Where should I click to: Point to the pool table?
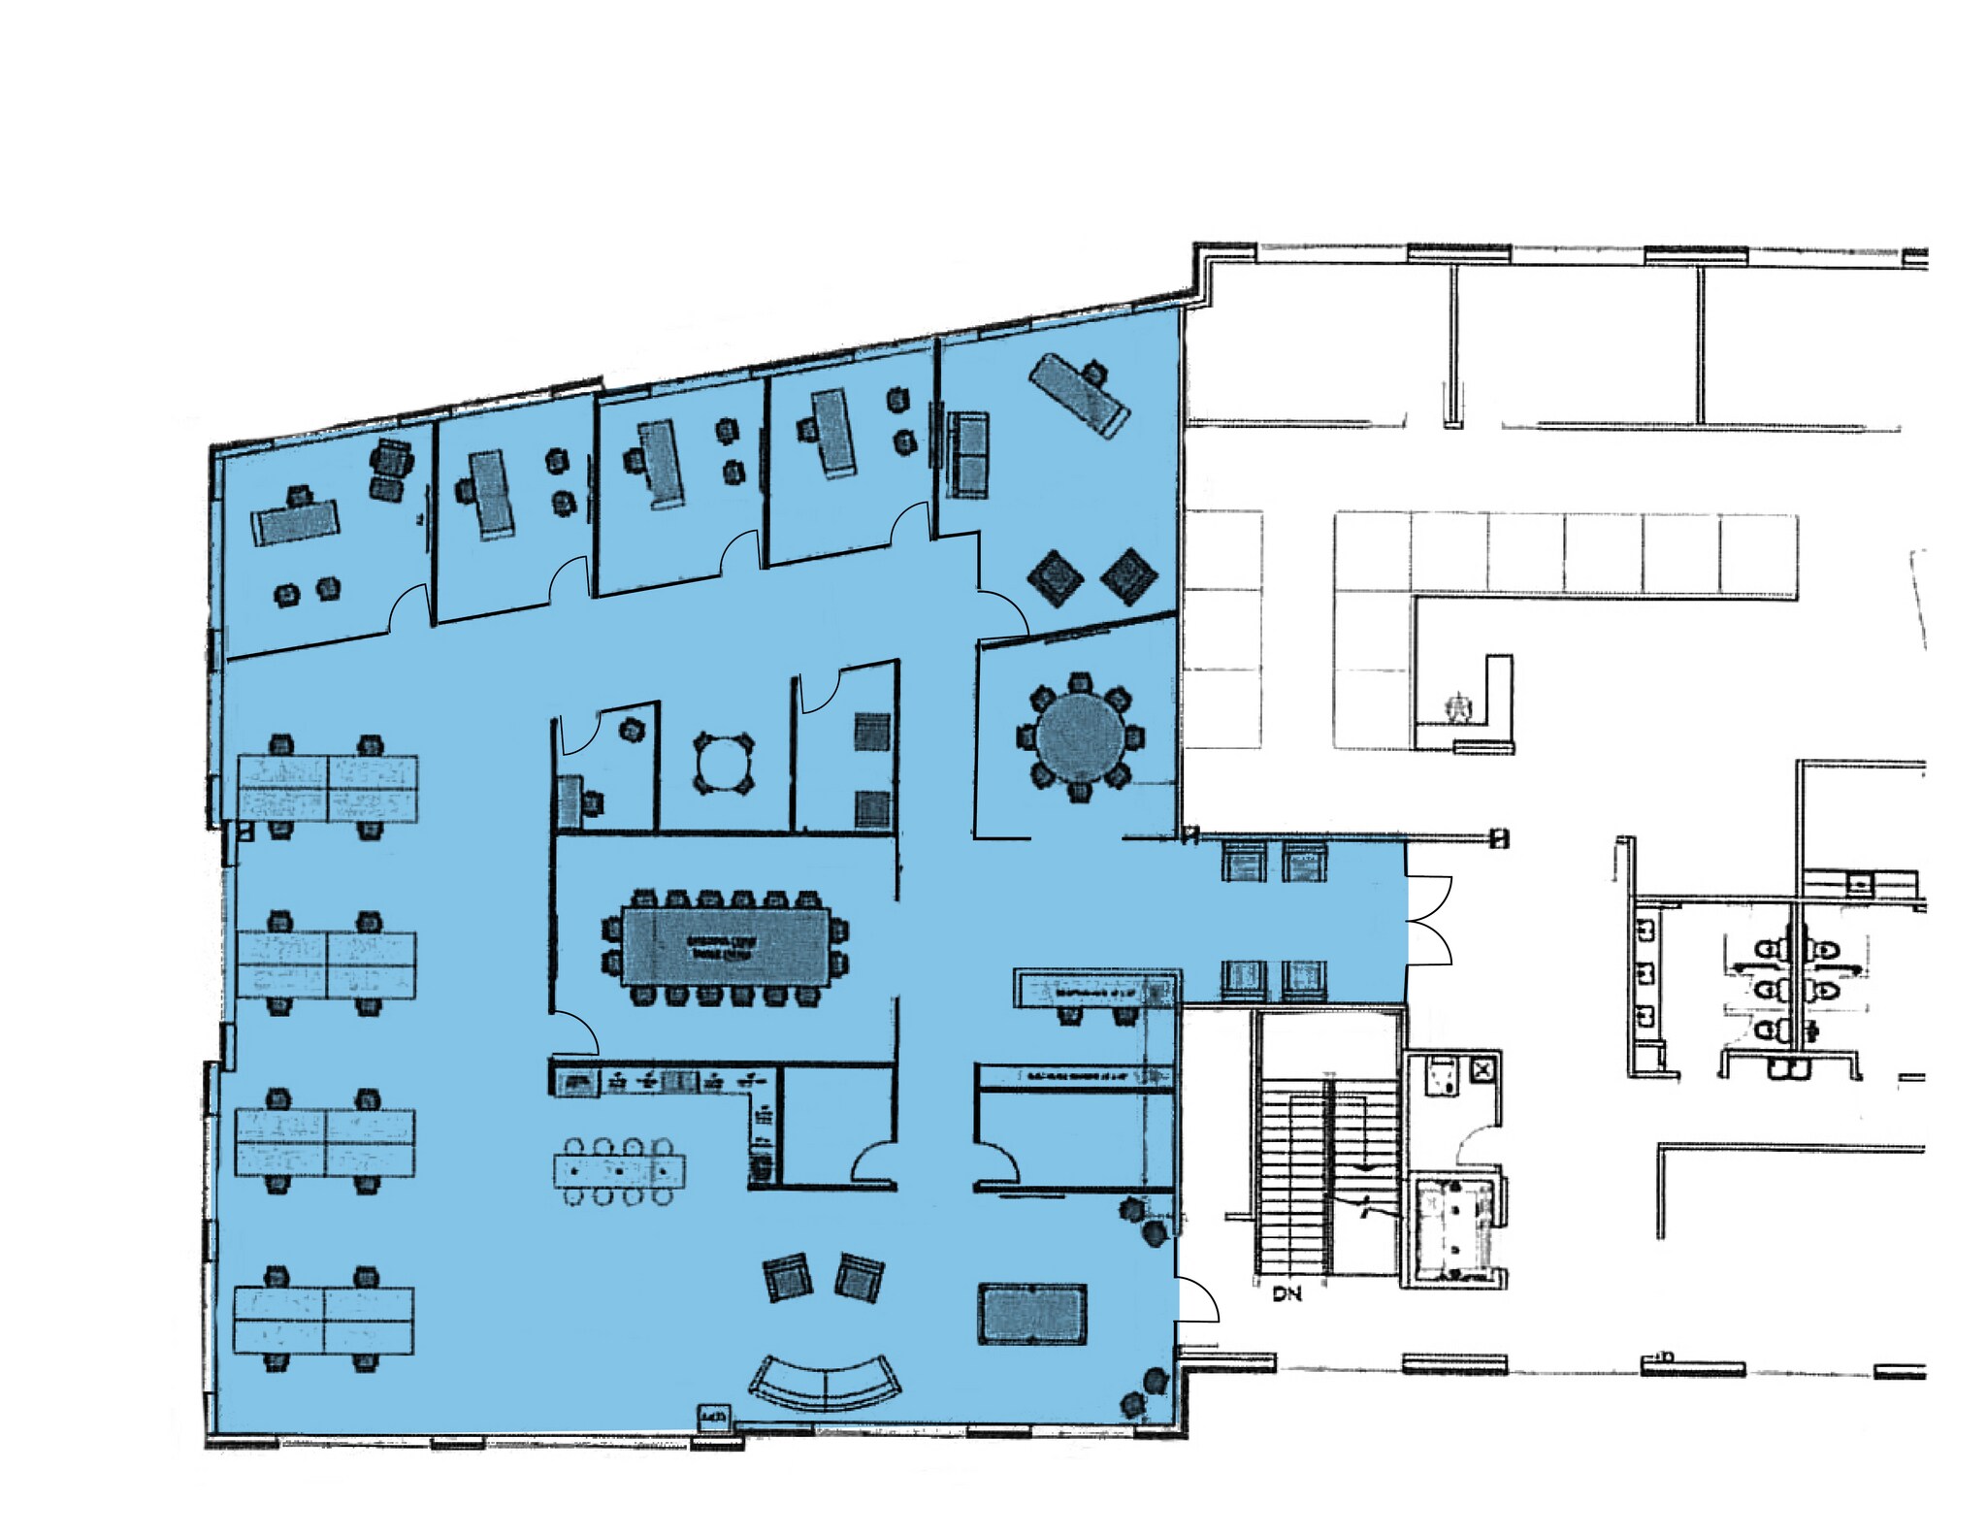pos(1032,1314)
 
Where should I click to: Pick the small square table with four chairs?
pos(723,764)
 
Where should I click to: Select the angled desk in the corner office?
pos(1079,395)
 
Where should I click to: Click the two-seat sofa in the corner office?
pos(967,453)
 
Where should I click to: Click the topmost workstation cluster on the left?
pos(328,789)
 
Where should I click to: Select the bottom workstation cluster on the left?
pos(324,1320)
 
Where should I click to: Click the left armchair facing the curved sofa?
pos(787,1277)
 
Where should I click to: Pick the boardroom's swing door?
pos(575,1032)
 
